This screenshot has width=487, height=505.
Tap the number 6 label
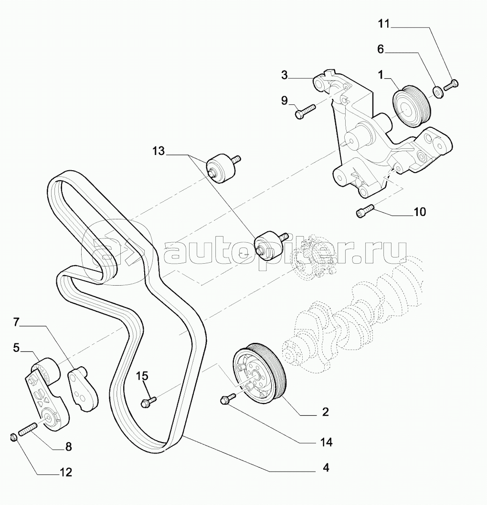381,49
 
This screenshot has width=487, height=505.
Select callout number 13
159,151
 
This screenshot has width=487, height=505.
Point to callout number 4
326,467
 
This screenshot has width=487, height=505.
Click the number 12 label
65,472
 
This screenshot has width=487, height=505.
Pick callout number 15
142,376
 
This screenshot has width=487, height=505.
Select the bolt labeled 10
365,211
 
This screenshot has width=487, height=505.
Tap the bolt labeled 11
451,85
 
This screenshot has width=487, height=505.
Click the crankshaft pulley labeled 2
259,373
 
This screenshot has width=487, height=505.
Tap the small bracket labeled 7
83,389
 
